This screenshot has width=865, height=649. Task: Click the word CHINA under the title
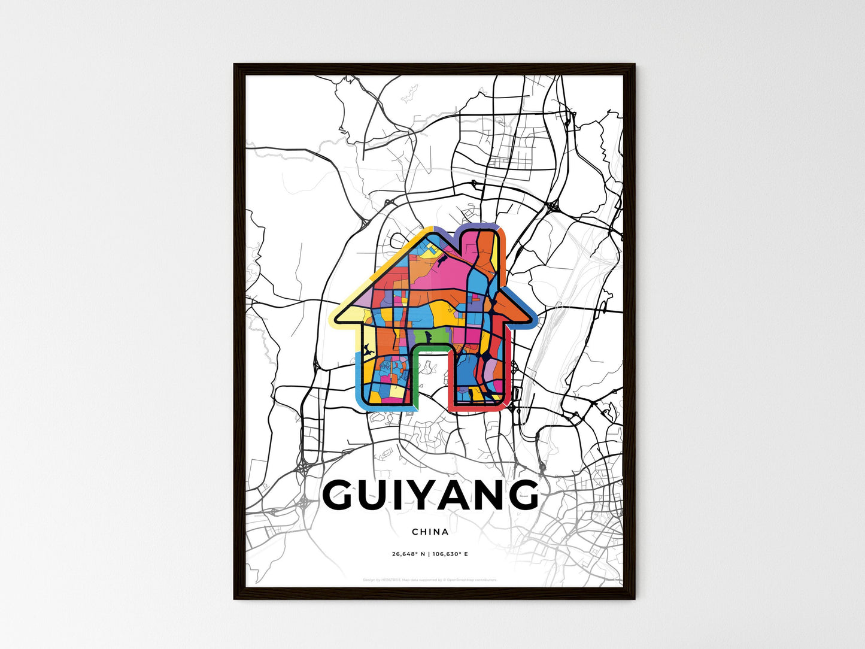coord(430,532)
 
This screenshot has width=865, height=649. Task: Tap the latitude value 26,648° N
coord(408,554)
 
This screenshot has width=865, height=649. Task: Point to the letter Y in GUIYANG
coord(426,496)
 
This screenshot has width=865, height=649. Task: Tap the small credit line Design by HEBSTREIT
coord(383,580)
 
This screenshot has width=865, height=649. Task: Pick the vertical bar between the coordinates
coord(429,554)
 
